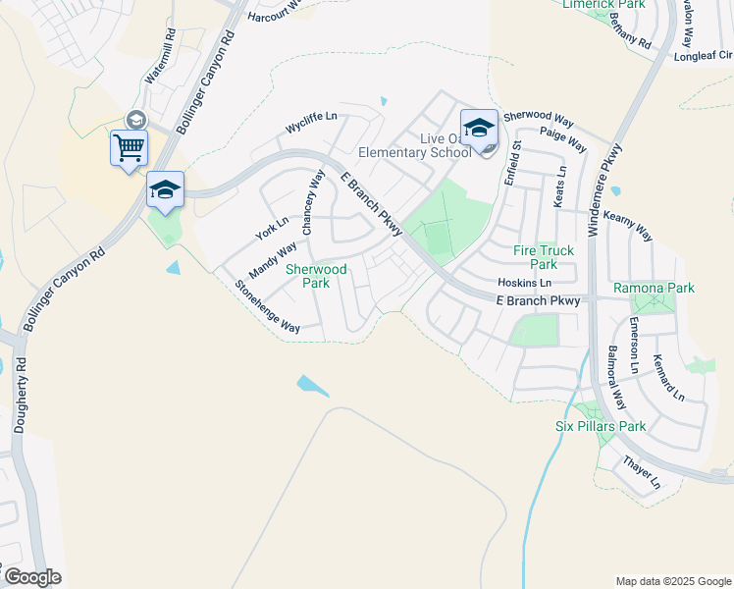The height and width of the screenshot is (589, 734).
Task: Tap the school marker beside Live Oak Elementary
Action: pos(479,130)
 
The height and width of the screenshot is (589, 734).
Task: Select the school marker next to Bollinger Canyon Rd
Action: pos(165,189)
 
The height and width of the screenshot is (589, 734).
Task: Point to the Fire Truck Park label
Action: pos(544,257)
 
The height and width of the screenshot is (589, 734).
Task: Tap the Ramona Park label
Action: pos(654,288)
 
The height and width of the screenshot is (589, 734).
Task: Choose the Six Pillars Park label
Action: pos(600,426)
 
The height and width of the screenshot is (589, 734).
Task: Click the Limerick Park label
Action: pos(603,5)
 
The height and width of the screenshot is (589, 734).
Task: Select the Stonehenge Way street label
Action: pos(267,307)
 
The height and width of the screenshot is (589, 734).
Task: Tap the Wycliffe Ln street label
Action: pos(311,123)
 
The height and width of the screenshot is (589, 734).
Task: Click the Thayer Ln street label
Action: pos(642,471)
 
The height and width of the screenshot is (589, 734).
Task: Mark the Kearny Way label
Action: pos(628,225)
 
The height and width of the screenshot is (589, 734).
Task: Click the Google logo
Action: pos(31,577)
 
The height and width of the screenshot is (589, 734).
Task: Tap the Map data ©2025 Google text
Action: pos(672,581)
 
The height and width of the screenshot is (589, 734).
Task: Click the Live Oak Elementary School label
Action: pos(415,145)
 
